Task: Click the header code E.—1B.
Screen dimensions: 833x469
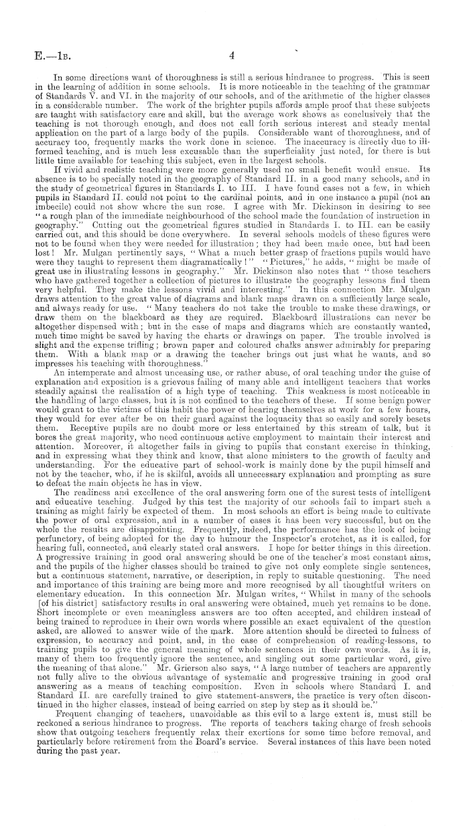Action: click(x=41, y=57)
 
